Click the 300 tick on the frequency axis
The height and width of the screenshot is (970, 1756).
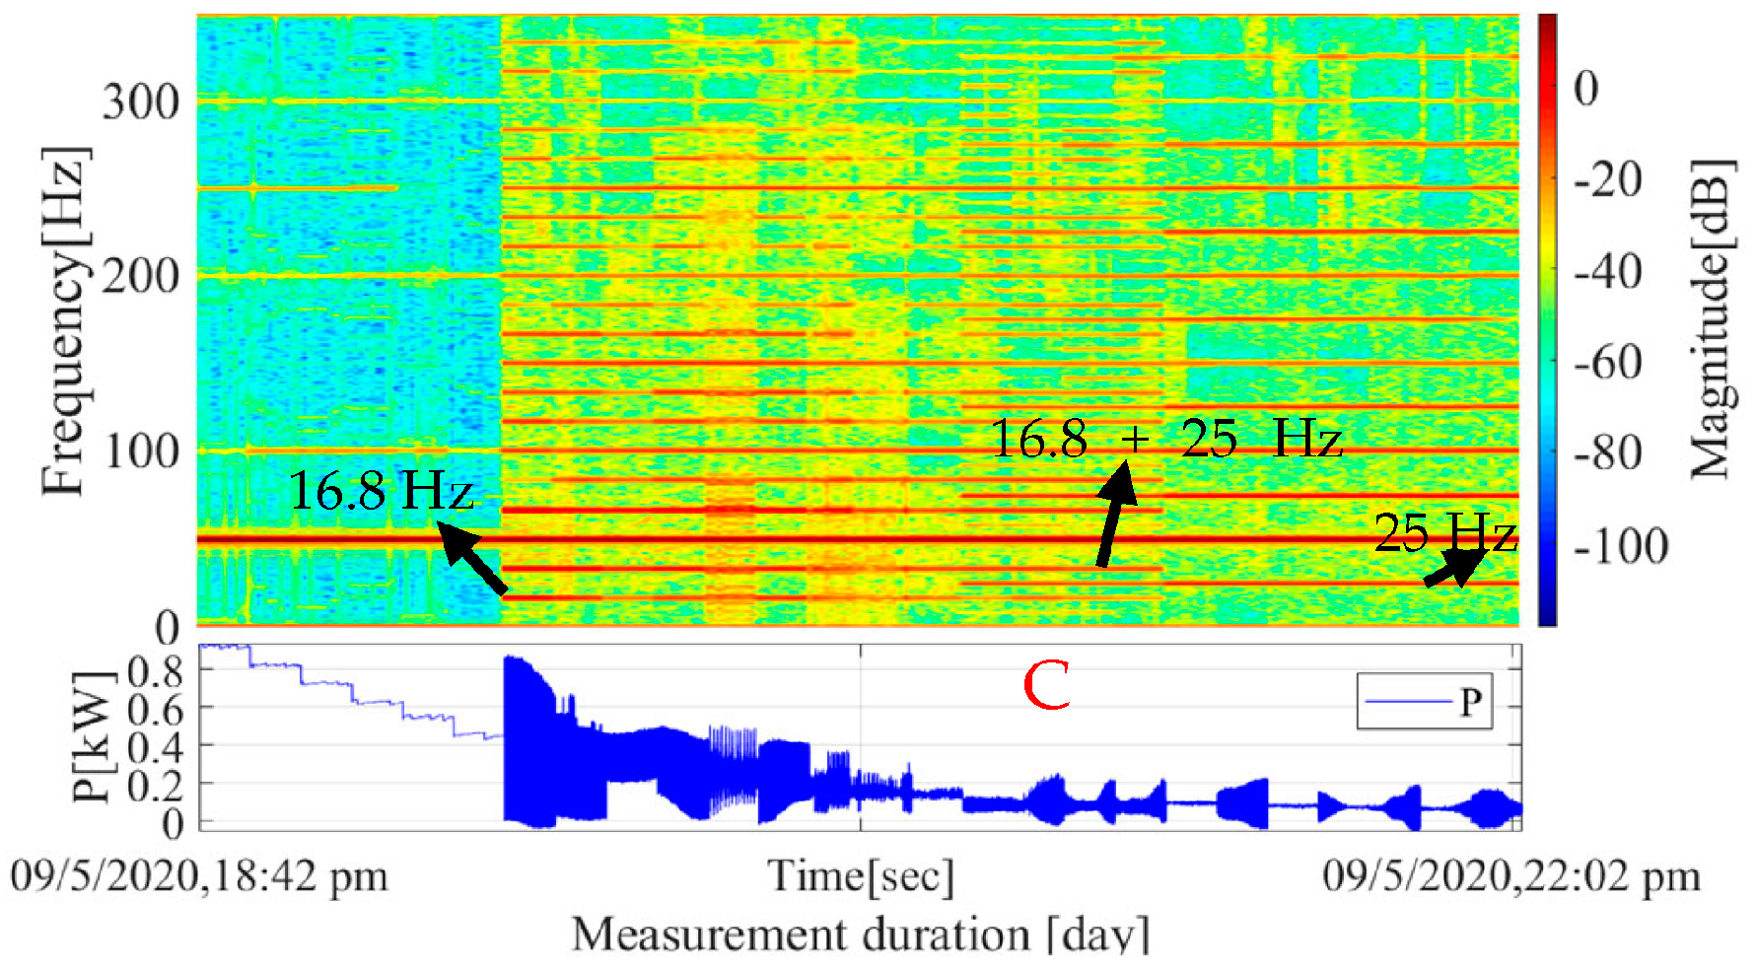141,102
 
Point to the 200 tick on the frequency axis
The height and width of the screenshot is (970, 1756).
141,275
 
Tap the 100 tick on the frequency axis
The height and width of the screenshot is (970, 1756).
141,450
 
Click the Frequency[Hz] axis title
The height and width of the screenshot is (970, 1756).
65,320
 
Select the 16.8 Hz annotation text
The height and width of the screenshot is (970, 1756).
381,489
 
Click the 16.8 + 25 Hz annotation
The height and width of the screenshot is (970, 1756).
1165,438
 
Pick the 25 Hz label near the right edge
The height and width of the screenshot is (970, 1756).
1443,533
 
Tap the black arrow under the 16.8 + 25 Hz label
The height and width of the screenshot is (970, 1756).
1116,513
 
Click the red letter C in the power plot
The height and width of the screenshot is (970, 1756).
1046,686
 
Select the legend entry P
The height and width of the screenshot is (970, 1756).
1425,701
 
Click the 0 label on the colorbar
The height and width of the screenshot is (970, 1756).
1585,89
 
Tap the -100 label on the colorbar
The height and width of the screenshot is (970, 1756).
1621,546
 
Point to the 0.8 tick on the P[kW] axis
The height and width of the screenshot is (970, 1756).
156,672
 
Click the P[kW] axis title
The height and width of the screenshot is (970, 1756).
91,736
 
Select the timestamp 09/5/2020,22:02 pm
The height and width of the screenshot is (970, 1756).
1511,875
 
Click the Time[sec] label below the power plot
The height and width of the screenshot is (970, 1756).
861,875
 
